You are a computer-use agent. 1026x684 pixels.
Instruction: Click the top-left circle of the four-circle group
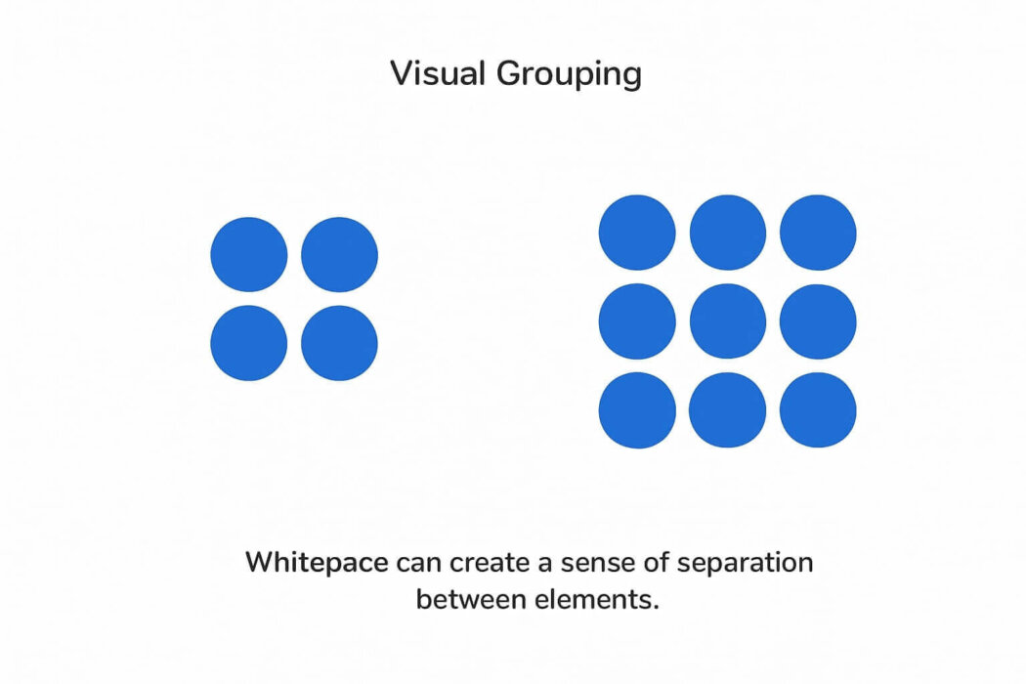coord(249,254)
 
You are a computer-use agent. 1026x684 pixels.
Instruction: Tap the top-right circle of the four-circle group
coord(339,254)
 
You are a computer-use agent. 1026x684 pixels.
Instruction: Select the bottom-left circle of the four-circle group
coord(249,343)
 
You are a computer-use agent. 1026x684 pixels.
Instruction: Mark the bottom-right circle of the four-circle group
coord(339,343)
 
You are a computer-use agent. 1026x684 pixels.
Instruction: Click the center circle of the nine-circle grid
coord(728,321)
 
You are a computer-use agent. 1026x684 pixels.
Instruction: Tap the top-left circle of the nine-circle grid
coord(637,233)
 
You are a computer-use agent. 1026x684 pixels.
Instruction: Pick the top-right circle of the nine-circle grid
coord(818,233)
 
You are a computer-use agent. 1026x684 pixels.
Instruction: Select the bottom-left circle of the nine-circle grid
coord(637,409)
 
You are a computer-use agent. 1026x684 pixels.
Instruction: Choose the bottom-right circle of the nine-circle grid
coord(818,409)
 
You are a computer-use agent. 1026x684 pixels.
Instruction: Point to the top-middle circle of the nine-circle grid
coord(728,233)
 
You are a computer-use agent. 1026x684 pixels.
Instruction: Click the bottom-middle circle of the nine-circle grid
coord(728,409)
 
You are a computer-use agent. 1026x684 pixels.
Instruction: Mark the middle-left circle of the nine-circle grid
coord(637,321)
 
